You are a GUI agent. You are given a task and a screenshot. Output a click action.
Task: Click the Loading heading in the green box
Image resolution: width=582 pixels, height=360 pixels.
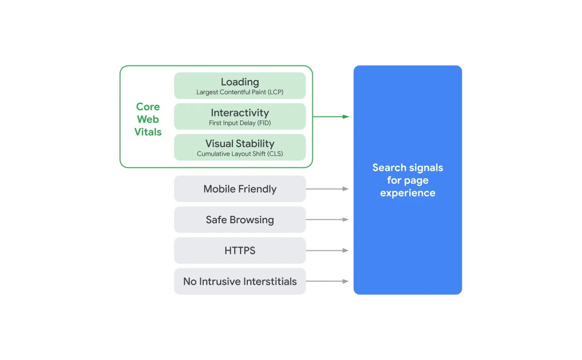tap(240, 82)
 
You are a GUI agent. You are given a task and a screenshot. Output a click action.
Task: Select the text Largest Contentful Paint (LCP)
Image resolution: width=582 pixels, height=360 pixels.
tap(240, 92)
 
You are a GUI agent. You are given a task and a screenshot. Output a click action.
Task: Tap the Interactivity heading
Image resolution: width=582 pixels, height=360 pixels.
tap(240, 113)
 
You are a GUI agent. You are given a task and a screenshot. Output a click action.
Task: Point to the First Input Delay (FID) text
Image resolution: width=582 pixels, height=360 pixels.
tap(240, 123)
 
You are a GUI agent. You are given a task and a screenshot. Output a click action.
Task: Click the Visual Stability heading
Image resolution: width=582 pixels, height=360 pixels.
tap(240, 144)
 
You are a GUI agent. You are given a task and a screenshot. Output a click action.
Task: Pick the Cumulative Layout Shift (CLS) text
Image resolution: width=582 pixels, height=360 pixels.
tap(240, 154)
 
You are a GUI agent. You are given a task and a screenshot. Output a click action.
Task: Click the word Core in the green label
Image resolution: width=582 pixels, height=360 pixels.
tap(148, 107)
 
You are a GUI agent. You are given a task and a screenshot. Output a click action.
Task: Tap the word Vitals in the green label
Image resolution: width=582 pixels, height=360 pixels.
tap(148, 132)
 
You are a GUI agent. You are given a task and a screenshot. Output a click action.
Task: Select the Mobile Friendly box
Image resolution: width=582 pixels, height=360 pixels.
tap(240, 189)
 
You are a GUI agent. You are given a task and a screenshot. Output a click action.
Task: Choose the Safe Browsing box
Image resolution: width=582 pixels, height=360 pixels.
tap(240, 220)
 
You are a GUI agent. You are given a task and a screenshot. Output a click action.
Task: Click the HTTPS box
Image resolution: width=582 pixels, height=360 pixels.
tap(240, 250)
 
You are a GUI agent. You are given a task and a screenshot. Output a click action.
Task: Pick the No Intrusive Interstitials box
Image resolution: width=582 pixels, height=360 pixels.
tap(240, 281)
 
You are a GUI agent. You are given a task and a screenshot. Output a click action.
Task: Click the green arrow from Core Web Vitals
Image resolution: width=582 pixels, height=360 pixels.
tap(331, 117)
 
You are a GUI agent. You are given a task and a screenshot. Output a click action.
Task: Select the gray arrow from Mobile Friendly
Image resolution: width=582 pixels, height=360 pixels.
tap(327, 189)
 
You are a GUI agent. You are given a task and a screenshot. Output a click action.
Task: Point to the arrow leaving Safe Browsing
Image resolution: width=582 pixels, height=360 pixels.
tap(327, 220)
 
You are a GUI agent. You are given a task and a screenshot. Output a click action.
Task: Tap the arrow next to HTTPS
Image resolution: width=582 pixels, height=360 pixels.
tap(327, 250)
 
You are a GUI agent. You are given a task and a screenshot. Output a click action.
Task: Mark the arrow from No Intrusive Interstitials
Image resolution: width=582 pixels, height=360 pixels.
tap(327, 281)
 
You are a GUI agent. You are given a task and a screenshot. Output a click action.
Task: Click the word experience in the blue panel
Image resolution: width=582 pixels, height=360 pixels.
tap(408, 193)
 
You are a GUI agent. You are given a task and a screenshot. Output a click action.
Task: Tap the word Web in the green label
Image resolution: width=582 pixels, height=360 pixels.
tap(148, 119)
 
